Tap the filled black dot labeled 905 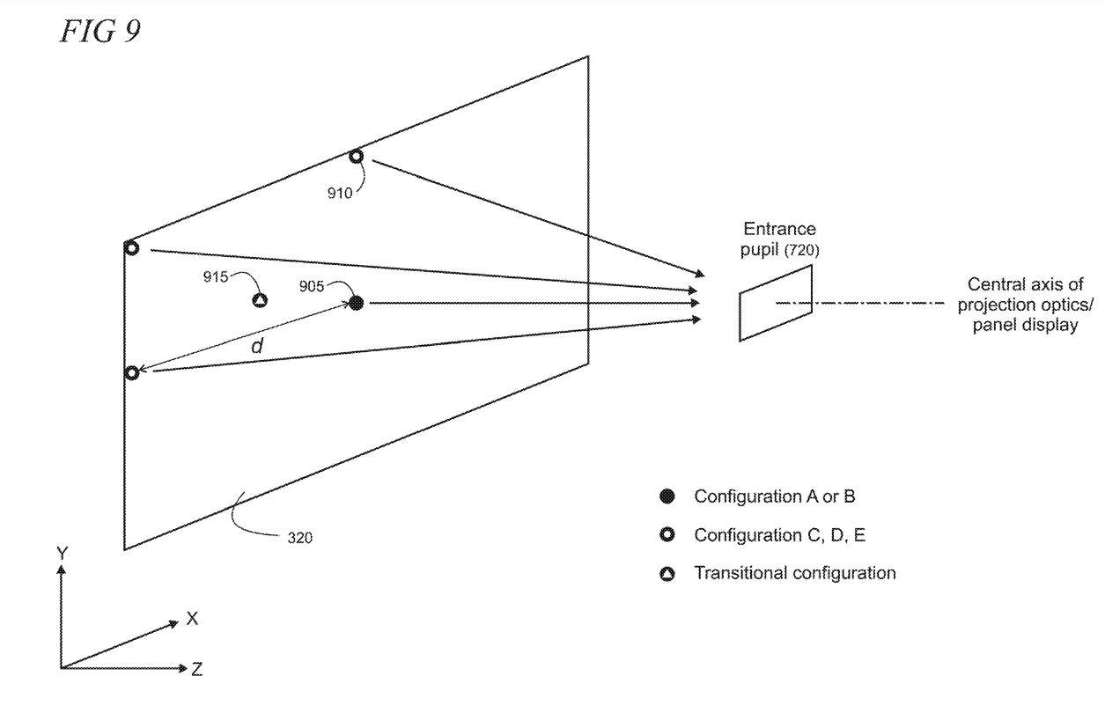click(356, 303)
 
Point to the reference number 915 click(215, 276)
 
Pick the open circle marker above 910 click(356, 157)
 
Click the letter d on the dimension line click(256, 347)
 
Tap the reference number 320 click(298, 536)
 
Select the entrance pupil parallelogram click(775, 302)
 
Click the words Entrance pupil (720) click(779, 239)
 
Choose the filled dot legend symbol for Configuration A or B click(667, 497)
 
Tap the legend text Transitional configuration click(794, 573)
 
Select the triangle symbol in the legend click(667, 575)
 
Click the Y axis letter click(61, 553)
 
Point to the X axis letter click(192, 619)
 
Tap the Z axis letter click(196, 670)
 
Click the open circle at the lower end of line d click(132, 373)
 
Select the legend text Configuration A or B click(774, 496)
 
